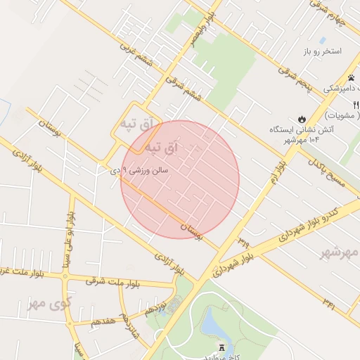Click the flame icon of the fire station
pos(302,119)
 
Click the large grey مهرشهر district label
pos(340,252)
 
